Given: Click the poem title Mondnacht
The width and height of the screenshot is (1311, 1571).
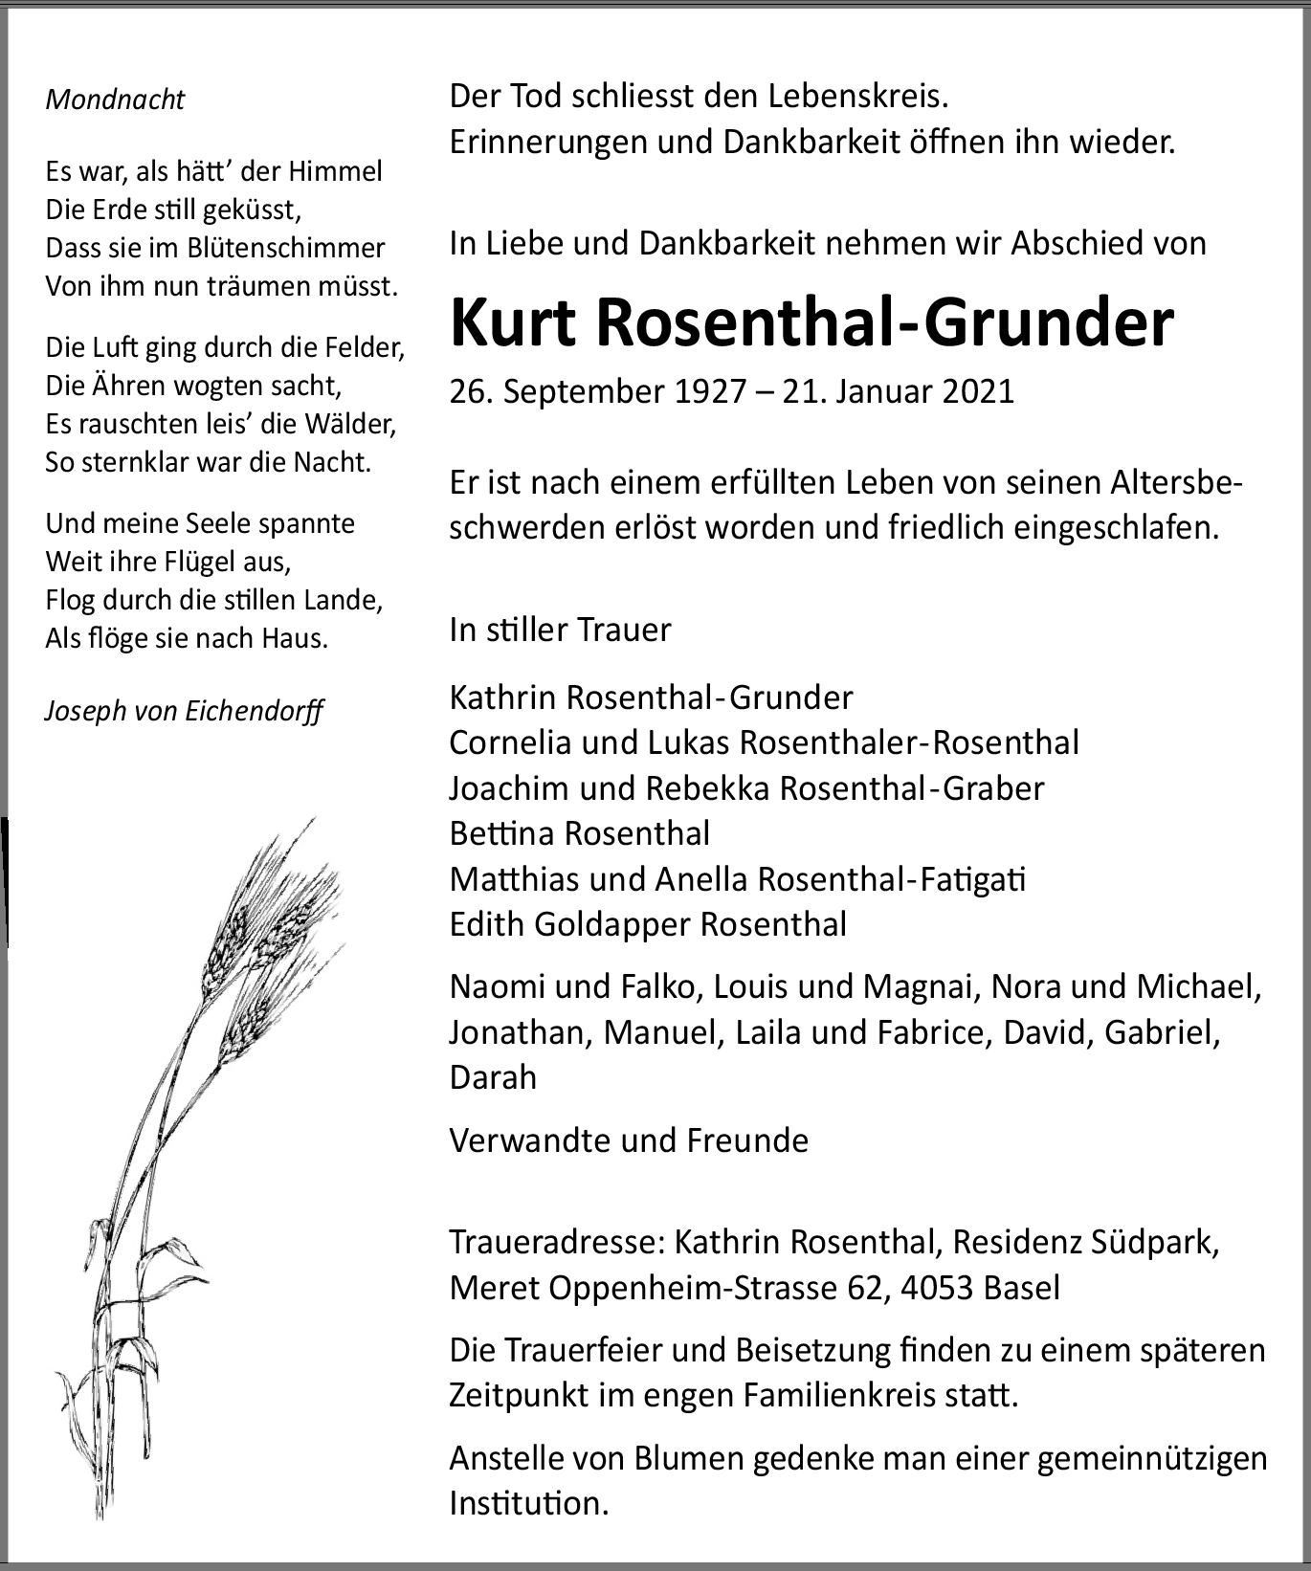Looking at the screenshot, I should coord(115,100).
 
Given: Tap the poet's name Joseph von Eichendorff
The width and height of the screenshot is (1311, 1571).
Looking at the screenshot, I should coord(184,711).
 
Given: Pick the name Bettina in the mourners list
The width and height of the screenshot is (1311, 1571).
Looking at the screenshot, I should coord(502,833).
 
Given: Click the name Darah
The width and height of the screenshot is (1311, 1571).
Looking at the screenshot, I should coord(493,1078).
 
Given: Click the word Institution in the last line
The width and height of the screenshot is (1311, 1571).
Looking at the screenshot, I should coord(528,1503).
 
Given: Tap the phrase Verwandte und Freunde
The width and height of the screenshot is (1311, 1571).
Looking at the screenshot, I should coord(629,1140).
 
